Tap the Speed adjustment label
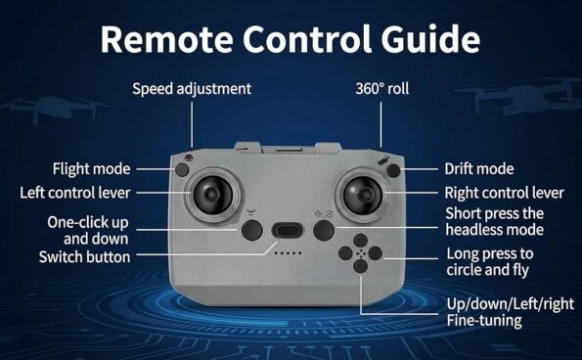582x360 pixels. coord(192,89)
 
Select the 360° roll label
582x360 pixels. coord(382,89)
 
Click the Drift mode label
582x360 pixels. coord(478,169)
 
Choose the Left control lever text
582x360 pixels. coord(88,192)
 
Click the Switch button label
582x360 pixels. coord(84,256)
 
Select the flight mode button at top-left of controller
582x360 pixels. coord(183,169)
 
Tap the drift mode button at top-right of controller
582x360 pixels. coord(393,169)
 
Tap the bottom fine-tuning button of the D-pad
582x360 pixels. coord(360,277)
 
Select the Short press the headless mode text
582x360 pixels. coord(494,221)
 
